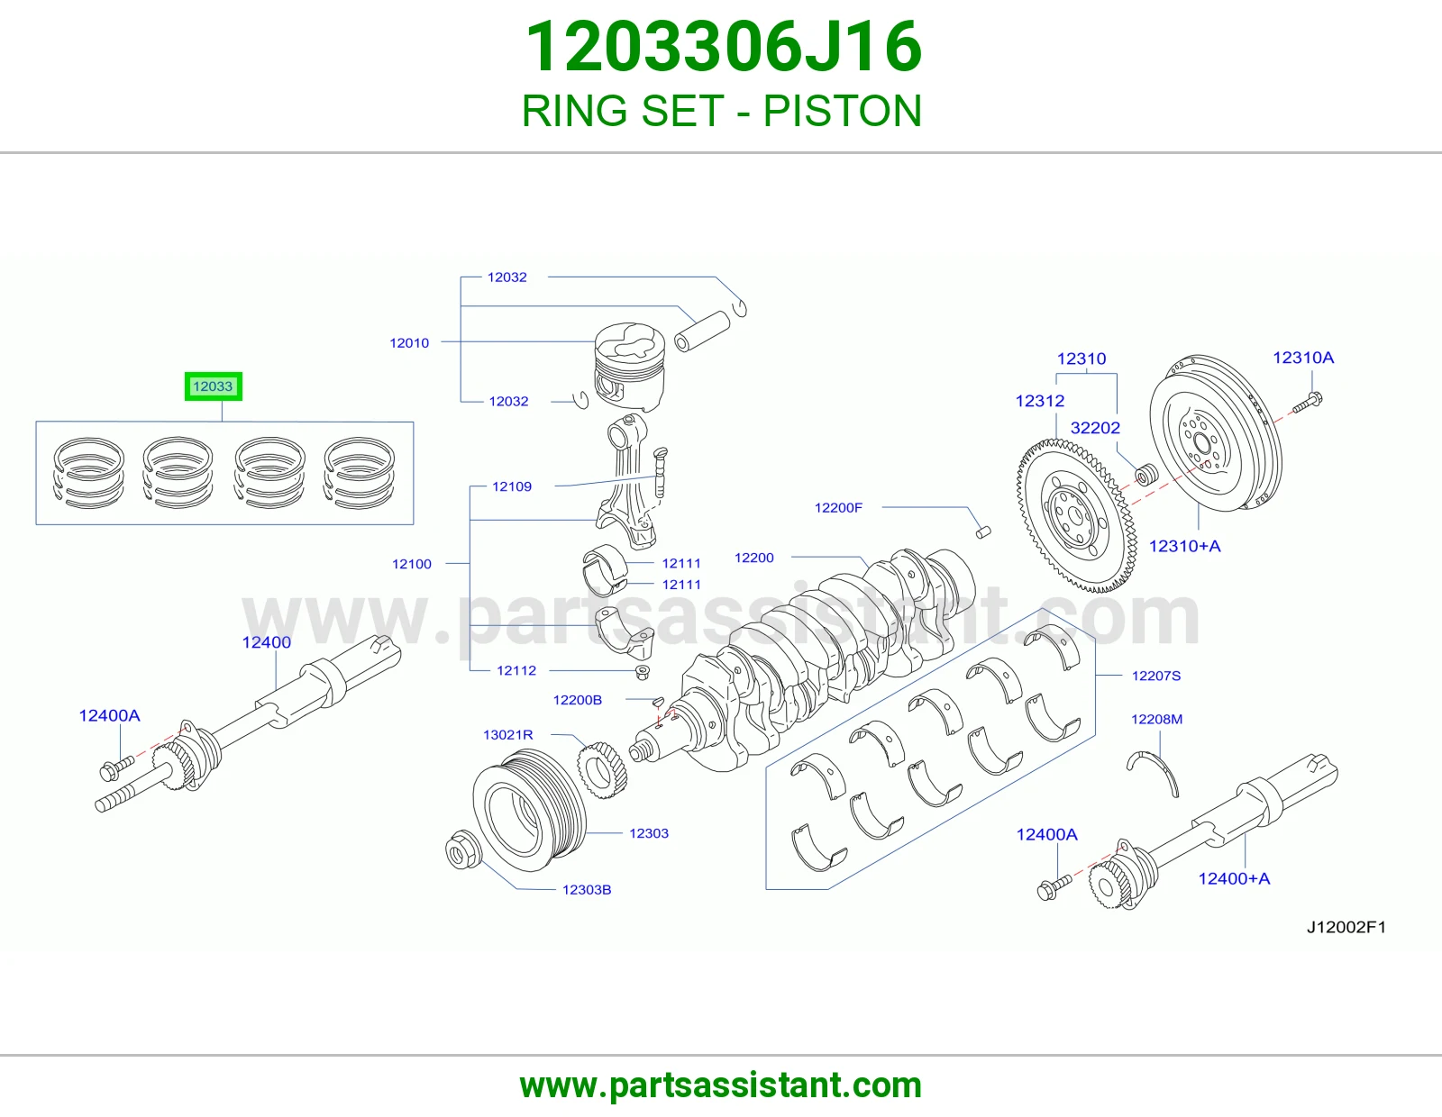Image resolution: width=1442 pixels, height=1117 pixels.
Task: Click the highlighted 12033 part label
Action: pos(213,386)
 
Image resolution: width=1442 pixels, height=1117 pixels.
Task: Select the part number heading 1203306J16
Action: pos(723,47)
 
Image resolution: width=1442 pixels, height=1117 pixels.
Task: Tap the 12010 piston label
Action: pos(409,343)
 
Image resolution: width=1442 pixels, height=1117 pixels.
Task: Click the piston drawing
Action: pos(629,367)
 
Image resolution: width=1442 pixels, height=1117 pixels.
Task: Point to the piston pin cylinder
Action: pos(701,331)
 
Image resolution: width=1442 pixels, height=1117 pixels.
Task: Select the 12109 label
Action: pos(512,486)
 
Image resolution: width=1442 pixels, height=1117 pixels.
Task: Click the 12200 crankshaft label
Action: pos(753,558)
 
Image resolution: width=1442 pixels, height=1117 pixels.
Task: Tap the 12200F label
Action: pos(838,507)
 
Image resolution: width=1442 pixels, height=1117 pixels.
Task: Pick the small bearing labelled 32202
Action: pos(1146,475)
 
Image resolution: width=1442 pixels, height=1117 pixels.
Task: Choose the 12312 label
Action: pos(1040,401)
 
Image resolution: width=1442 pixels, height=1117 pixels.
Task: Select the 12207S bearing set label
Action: pos(1156,676)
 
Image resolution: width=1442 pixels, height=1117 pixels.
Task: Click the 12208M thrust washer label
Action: pos(1156,719)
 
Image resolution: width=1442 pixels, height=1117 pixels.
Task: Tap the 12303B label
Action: pos(587,889)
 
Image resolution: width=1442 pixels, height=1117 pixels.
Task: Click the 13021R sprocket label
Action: pos(507,734)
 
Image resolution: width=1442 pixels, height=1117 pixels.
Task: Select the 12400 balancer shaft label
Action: pos(266,642)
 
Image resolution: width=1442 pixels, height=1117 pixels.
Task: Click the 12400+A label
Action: pos(1234,878)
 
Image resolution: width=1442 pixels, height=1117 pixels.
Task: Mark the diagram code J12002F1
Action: pos(1346,927)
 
